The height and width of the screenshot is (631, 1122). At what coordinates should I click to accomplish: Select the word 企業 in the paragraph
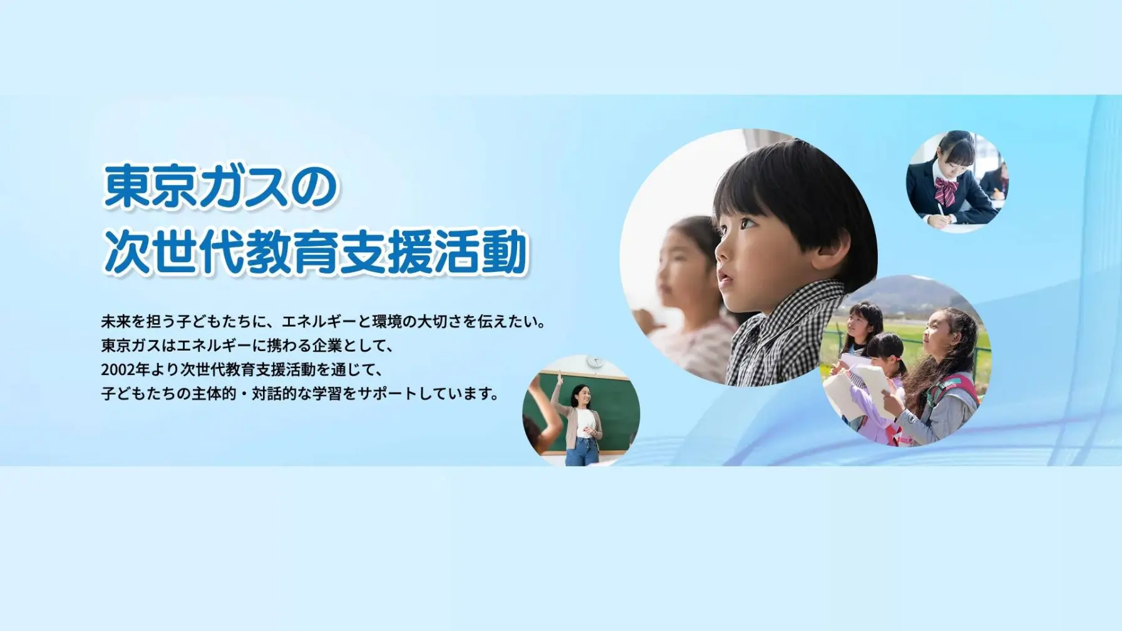tap(327, 346)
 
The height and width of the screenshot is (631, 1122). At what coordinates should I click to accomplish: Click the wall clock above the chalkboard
tap(594, 362)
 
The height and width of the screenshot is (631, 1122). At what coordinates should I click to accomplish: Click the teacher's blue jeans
tap(582, 452)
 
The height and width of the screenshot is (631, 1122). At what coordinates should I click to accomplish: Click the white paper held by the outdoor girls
tap(870, 382)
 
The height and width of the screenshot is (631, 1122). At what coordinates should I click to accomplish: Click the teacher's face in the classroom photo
tap(579, 396)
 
